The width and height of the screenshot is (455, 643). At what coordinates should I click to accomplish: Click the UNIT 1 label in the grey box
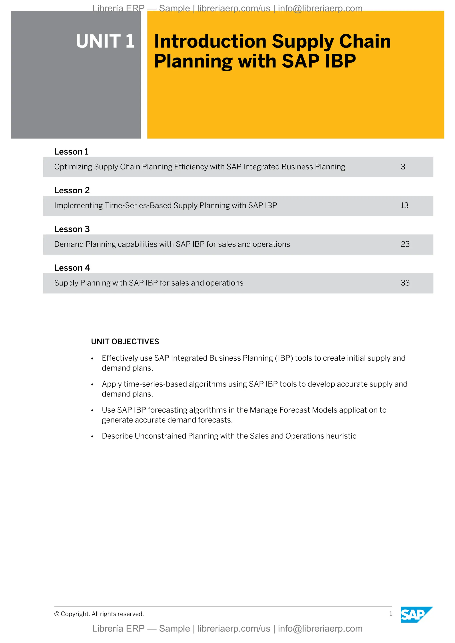105,41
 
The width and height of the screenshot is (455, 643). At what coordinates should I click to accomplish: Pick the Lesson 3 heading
72,229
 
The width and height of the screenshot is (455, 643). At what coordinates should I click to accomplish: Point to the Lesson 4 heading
72,268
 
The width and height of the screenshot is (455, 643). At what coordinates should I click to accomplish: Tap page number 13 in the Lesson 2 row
404,205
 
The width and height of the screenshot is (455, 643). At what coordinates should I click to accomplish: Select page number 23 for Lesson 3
405,244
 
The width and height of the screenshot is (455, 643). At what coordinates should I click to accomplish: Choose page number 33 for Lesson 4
405,283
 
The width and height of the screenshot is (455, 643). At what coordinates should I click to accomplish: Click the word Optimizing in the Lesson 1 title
73,167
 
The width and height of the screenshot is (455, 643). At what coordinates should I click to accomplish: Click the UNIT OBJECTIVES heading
125,341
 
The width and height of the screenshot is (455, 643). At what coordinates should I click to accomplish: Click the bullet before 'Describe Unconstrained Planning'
92,437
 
